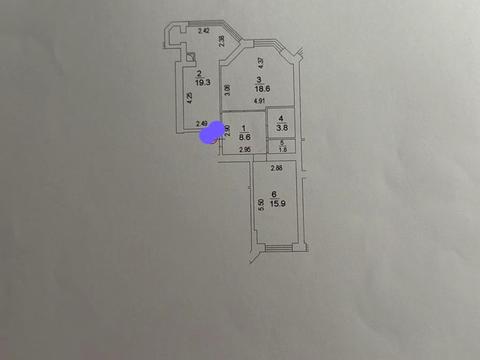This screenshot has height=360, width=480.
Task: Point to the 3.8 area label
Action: (281, 127)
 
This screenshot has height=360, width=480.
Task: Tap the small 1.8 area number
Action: (281, 149)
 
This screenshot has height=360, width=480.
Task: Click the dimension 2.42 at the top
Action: (203, 33)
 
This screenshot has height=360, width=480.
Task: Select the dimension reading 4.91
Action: (259, 101)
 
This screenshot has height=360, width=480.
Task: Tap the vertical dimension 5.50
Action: (260, 203)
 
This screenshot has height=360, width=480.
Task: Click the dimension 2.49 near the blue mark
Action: (202, 123)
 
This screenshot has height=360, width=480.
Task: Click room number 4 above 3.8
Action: (281, 118)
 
